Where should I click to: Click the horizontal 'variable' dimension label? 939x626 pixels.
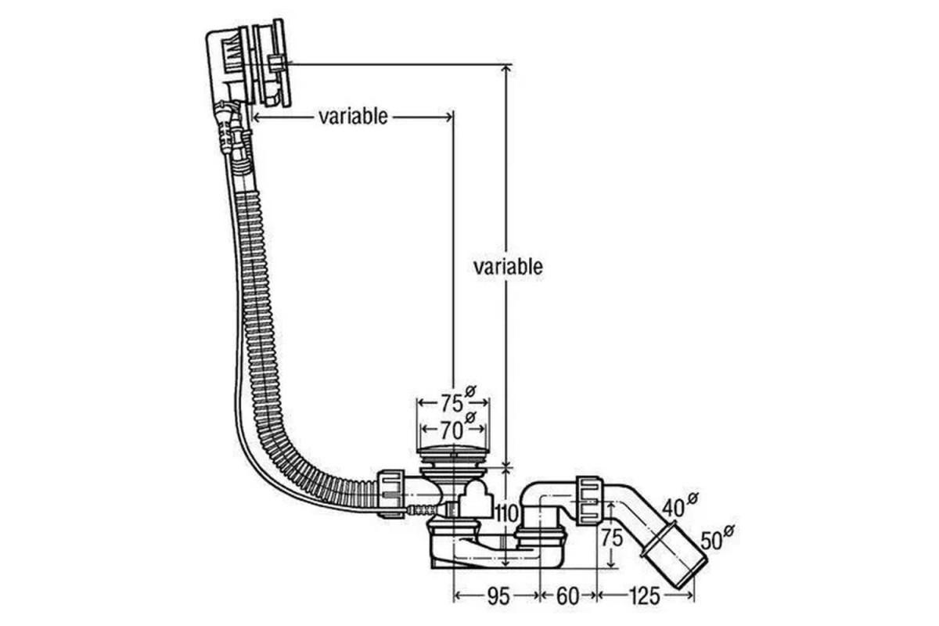(x=353, y=117)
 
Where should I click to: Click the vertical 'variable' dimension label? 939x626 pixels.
(x=508, y=267)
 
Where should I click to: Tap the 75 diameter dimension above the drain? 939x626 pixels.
(x=452, y=404)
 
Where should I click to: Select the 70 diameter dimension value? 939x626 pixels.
(x=452, y=430)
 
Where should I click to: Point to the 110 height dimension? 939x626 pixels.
(x=507, y=513)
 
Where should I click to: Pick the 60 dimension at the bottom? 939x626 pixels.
(x=567, y=596)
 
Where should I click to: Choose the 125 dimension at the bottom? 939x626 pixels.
(x=644, y=596)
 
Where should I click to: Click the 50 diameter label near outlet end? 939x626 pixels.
(x=711, y=541)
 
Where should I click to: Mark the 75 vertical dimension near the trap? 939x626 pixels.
(x=612, y=538)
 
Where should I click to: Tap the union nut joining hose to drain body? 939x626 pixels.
(x=390, y=495)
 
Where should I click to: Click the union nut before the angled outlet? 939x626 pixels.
(x=590, y=500)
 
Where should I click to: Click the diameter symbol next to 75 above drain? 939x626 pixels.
(x=470, y=392)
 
